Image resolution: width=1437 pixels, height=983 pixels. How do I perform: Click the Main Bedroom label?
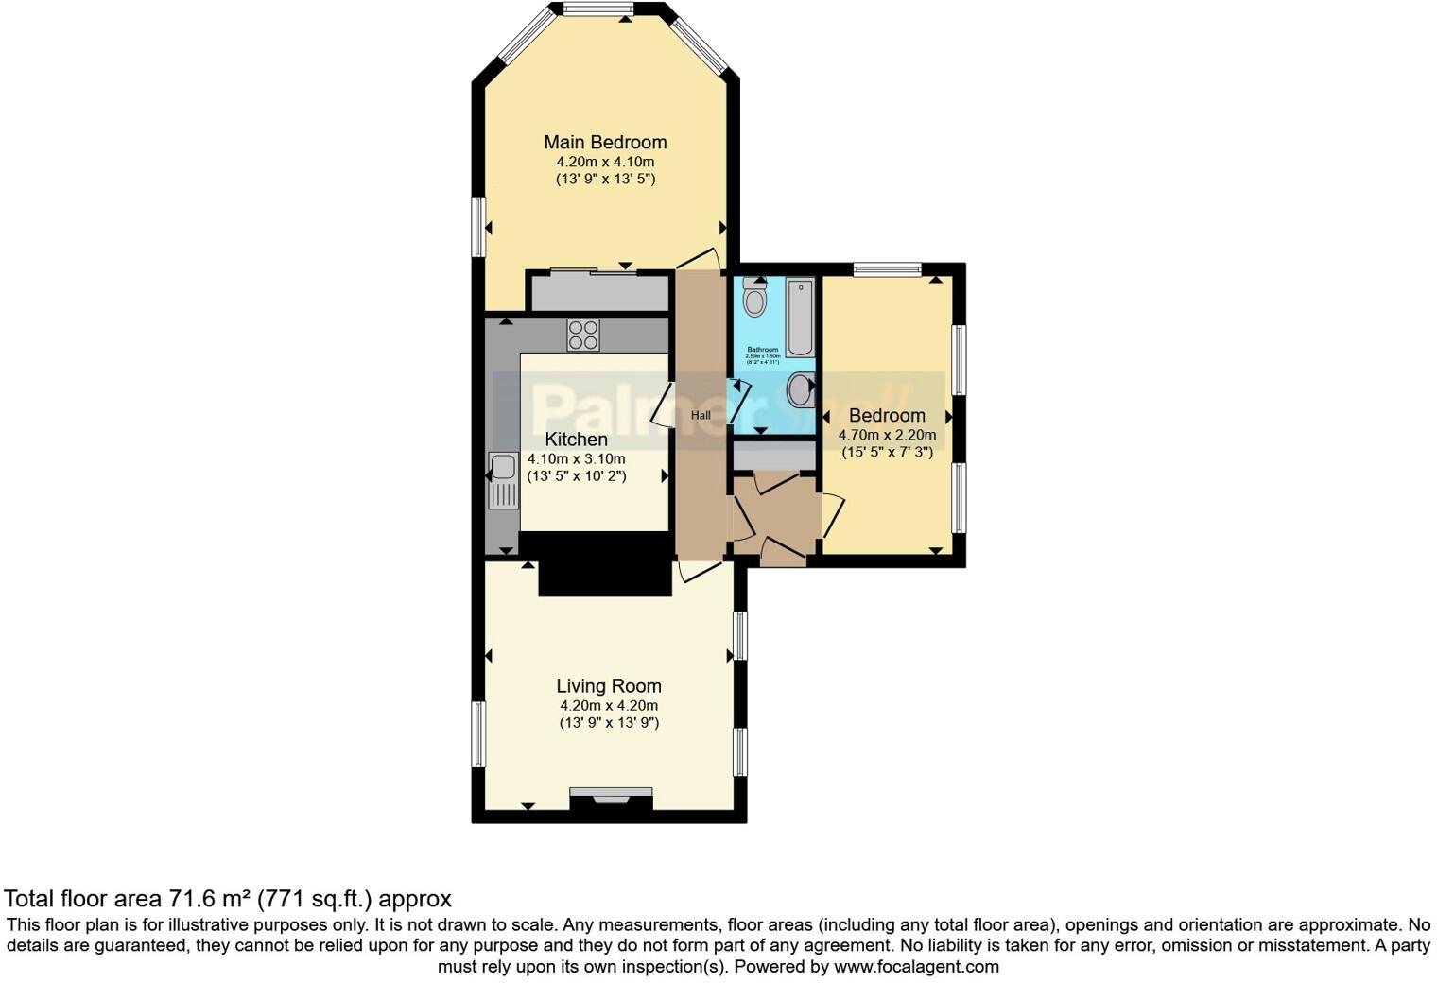605,143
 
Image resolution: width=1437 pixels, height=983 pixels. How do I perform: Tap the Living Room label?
608,686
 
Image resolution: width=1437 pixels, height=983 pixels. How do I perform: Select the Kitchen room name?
576,440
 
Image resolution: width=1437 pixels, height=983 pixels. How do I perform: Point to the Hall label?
701,415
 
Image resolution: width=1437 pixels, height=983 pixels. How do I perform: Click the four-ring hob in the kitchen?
582,336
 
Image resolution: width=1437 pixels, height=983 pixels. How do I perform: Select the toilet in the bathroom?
754,298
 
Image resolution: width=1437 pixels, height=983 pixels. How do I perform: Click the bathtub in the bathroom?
800,317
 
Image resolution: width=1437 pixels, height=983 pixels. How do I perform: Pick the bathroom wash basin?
800,388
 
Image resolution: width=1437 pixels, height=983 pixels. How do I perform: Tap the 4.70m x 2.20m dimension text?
887,436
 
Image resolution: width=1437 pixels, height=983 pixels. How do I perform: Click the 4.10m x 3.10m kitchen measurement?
576,458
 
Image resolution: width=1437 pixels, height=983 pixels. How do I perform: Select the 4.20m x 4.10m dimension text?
605,162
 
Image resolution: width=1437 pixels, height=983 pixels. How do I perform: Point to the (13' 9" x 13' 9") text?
609,723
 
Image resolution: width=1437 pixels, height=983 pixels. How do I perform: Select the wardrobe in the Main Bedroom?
597,292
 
